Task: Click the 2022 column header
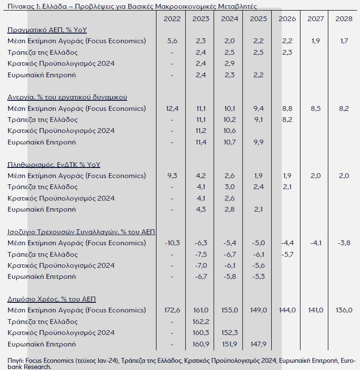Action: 172,19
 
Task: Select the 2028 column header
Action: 344,19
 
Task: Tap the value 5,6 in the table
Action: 172,41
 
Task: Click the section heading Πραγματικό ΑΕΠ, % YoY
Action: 47,30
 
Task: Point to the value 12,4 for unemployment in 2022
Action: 172,108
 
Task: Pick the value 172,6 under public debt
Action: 172,310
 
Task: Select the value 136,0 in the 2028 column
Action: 344,310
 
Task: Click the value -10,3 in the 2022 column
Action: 172,243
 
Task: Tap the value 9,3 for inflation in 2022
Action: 172,176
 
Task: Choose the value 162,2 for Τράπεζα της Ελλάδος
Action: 201,322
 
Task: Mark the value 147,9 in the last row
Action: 258,344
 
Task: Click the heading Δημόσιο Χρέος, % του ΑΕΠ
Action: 52,299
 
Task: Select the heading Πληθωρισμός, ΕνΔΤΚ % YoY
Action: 54,165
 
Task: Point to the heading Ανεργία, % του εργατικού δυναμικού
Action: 67,97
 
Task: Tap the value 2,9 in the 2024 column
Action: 229,63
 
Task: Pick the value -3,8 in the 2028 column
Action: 344,243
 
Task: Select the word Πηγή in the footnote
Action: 15,361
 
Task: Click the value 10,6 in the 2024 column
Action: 229,131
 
